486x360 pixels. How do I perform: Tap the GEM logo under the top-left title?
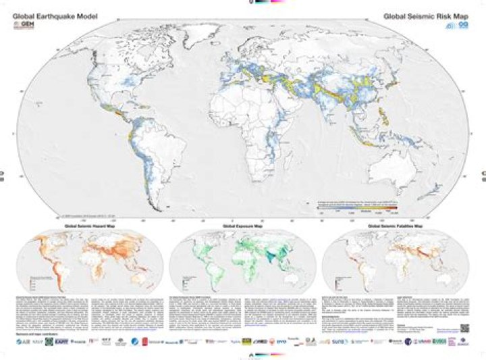(24, 26)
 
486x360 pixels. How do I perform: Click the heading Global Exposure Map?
(242, 226)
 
